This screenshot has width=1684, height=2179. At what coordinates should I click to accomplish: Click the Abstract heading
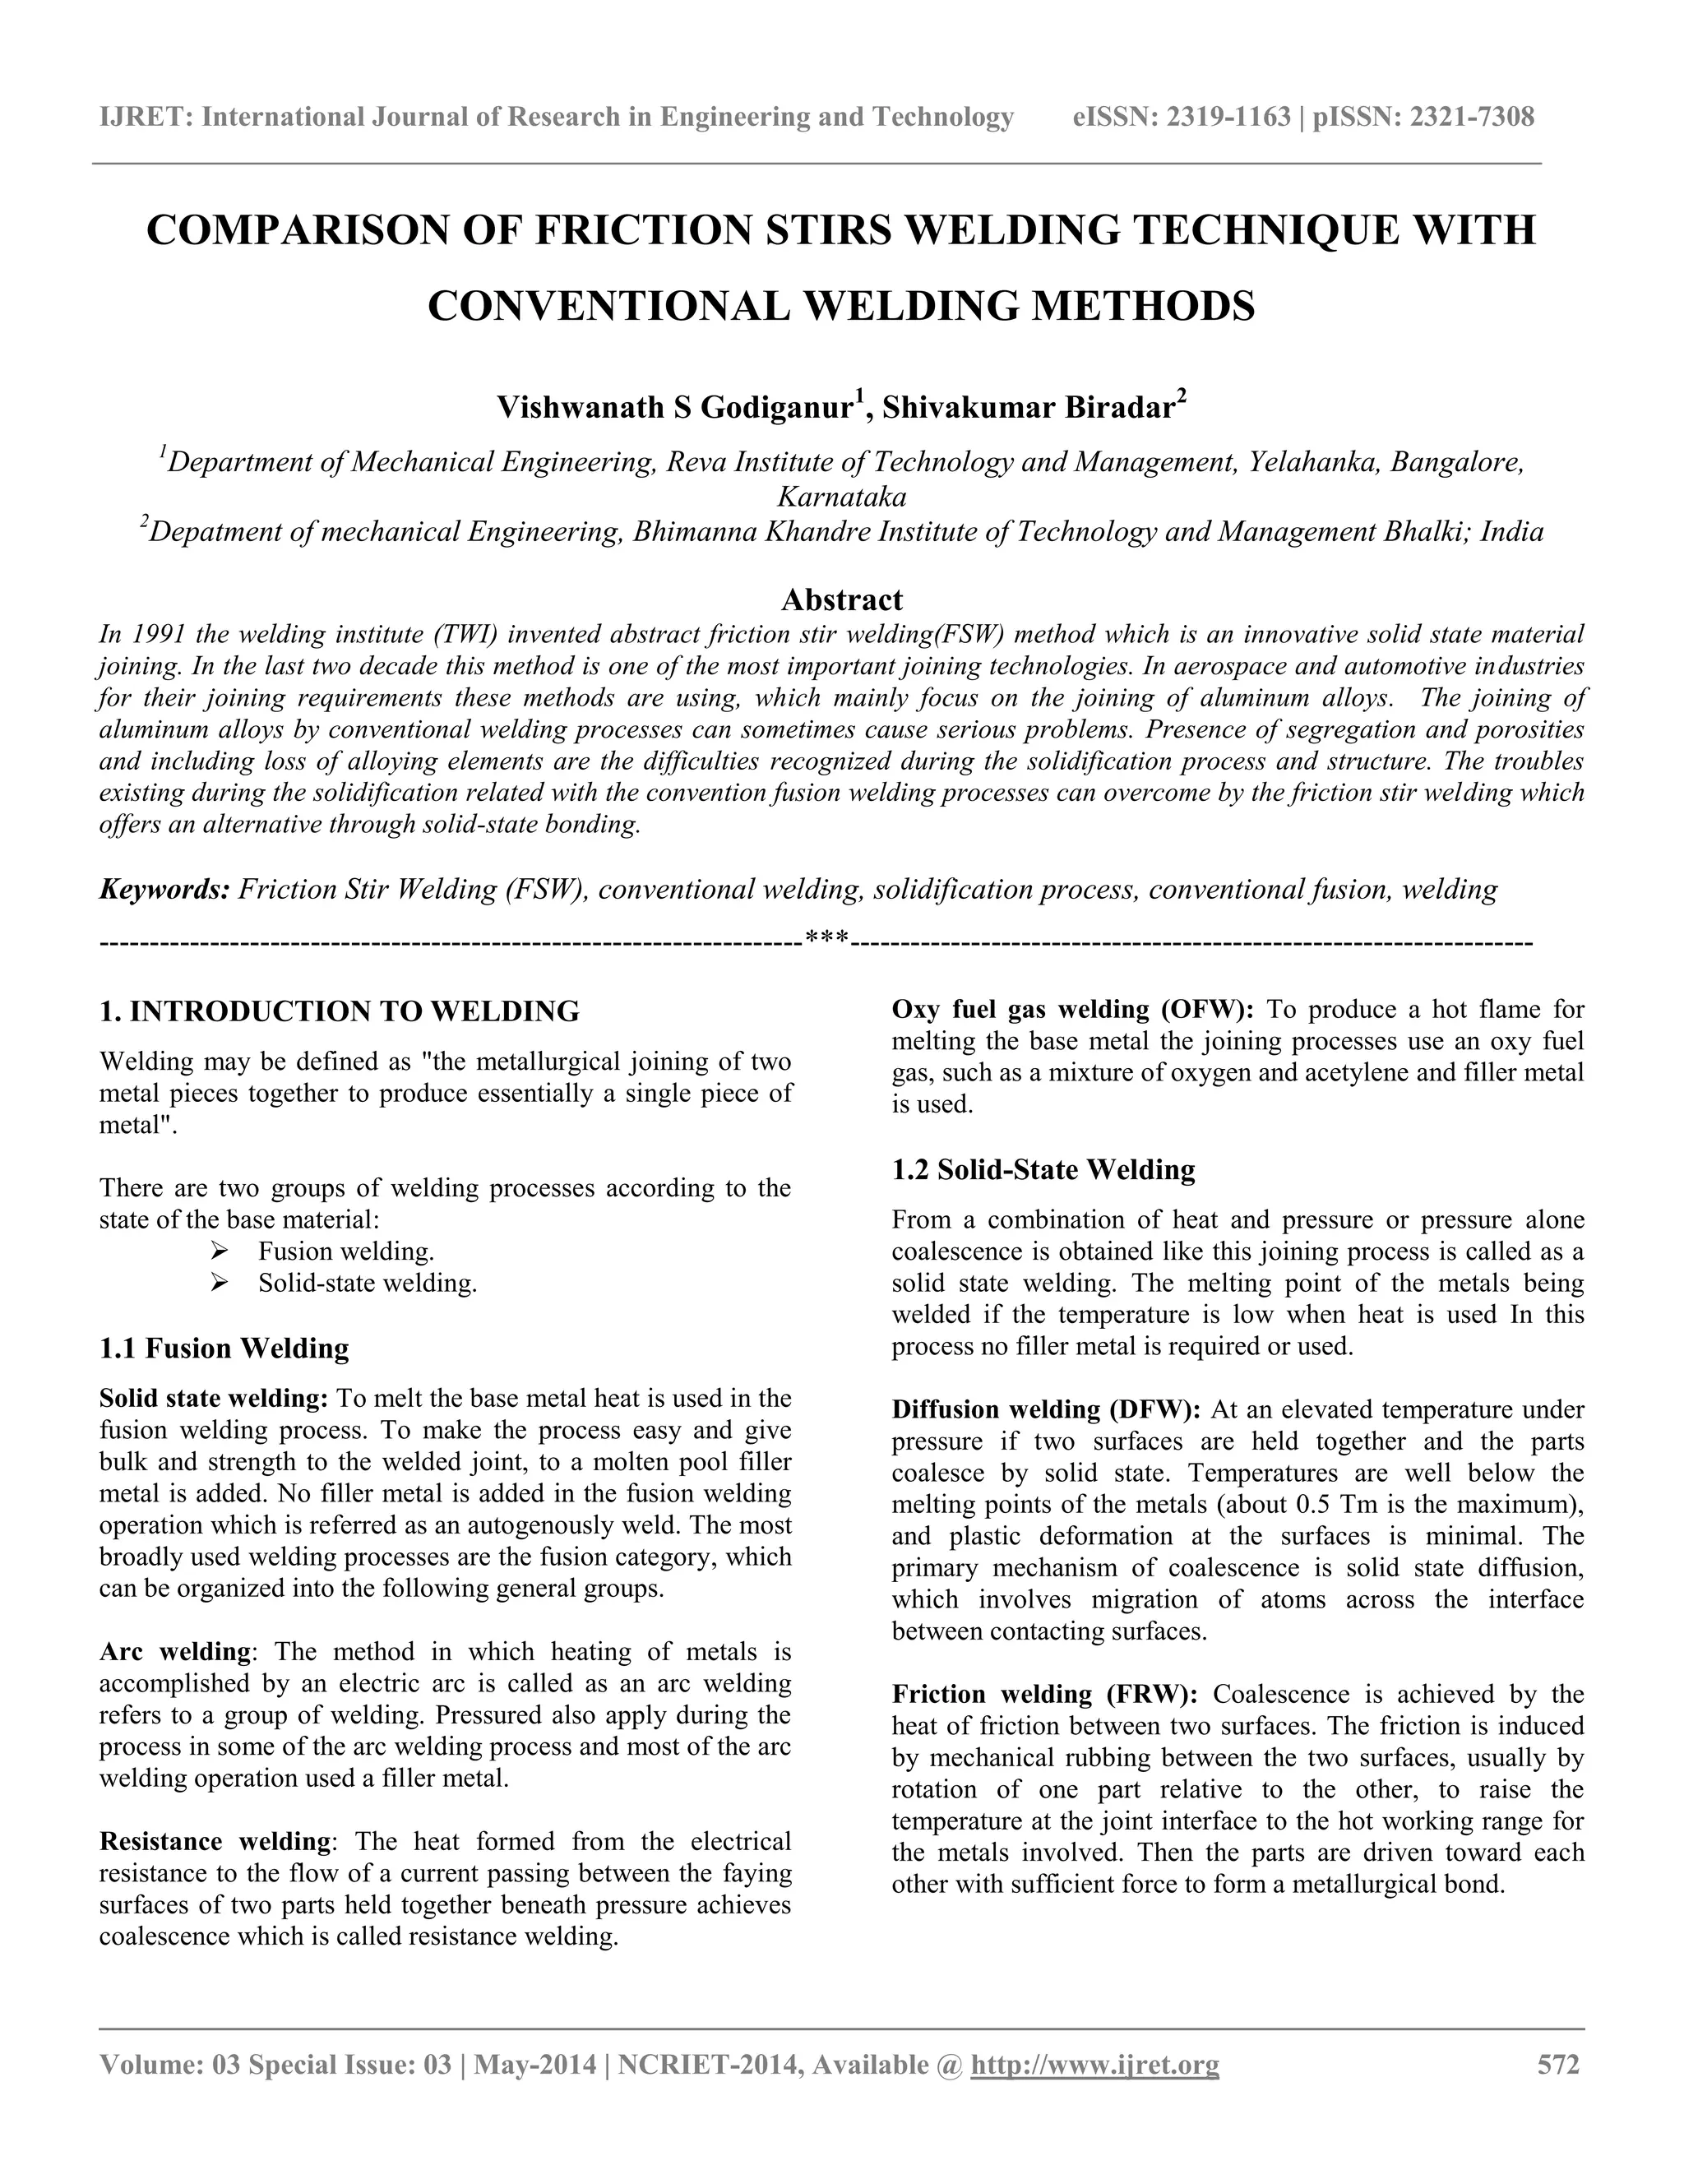(841, 599)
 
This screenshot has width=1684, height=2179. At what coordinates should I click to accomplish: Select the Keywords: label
(164, 889)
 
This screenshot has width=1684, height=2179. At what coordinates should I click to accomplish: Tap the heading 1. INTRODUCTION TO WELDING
(340, 1011)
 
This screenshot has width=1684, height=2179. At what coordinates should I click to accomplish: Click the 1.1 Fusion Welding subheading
(224, 1348)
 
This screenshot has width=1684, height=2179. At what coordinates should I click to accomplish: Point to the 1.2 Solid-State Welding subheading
(1043, 1168)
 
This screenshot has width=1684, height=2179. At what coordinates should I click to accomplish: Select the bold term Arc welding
(174, 1651)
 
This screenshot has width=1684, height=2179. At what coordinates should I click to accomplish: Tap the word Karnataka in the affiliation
(841, 496)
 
